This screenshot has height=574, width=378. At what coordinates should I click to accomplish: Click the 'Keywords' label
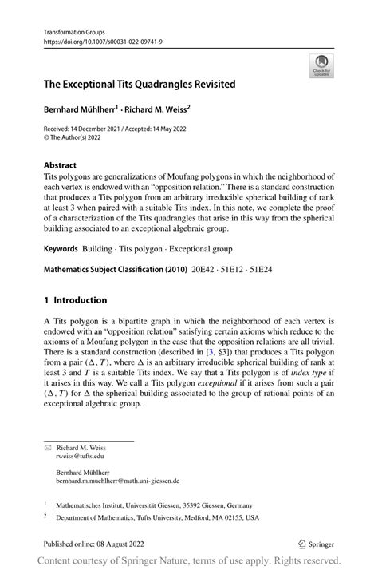point(65,250)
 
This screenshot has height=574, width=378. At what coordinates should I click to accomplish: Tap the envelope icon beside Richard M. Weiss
point(47,449)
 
